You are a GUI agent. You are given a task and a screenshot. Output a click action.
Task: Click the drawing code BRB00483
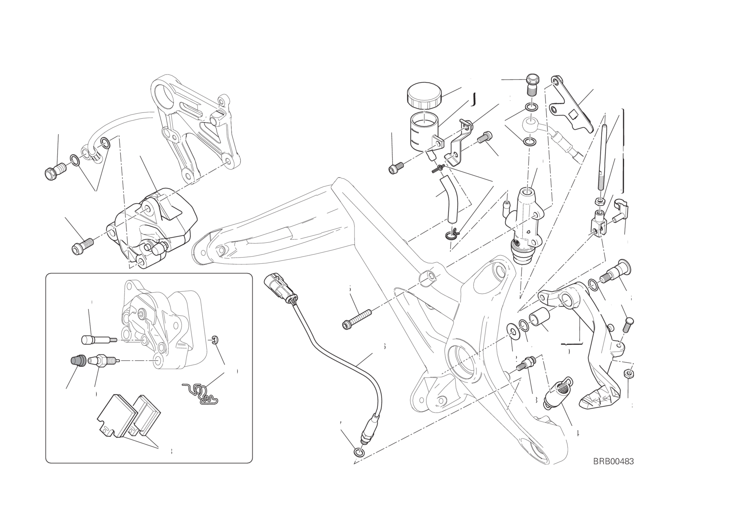[613, 461]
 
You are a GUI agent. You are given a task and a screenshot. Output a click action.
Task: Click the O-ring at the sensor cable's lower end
[357, 451]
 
